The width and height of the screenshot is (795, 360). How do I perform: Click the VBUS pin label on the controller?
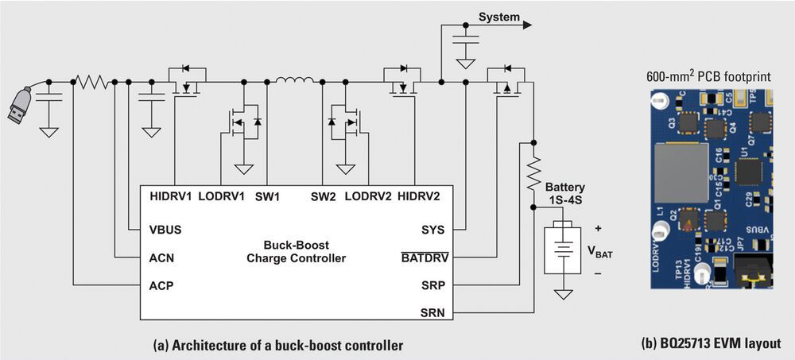tap(165, 230)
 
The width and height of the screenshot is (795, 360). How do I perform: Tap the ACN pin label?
tap(162, 257)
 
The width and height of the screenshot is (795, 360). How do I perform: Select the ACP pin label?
tap(162, 285)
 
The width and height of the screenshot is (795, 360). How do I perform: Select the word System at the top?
tap(498, 17)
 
